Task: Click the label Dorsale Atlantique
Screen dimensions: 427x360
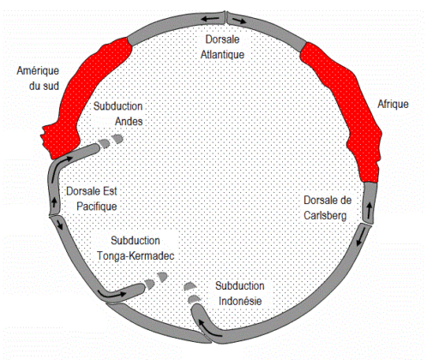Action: (x=222, y=47)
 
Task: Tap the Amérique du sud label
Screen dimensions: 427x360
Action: (x=38, y=78)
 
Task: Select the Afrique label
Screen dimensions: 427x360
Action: (x=393, y=104)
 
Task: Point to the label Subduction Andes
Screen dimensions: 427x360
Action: (x=118, y=113)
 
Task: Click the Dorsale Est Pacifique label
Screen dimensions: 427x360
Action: (x=92, y=199)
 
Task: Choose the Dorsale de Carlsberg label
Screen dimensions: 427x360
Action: (x=328, y=207)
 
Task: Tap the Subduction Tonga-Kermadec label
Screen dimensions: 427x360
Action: (x=135, y=248)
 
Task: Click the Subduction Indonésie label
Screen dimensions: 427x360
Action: (x=240, y=293)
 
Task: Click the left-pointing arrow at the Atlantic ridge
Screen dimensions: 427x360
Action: (x=210, y=19)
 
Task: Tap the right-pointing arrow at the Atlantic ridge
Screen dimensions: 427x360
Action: (x=239, y=21)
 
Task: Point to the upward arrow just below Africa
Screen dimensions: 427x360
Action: (x=370, y=210)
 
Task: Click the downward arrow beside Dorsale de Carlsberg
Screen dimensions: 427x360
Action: (x=362, y=237)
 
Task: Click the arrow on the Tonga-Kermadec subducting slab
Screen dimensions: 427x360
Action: (x=111, y=293)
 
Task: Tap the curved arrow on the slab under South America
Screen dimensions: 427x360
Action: (x=58, y=169)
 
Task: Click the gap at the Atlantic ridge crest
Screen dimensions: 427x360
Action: (x=226, y=18)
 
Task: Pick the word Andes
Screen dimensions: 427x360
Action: (x=129, y=122)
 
